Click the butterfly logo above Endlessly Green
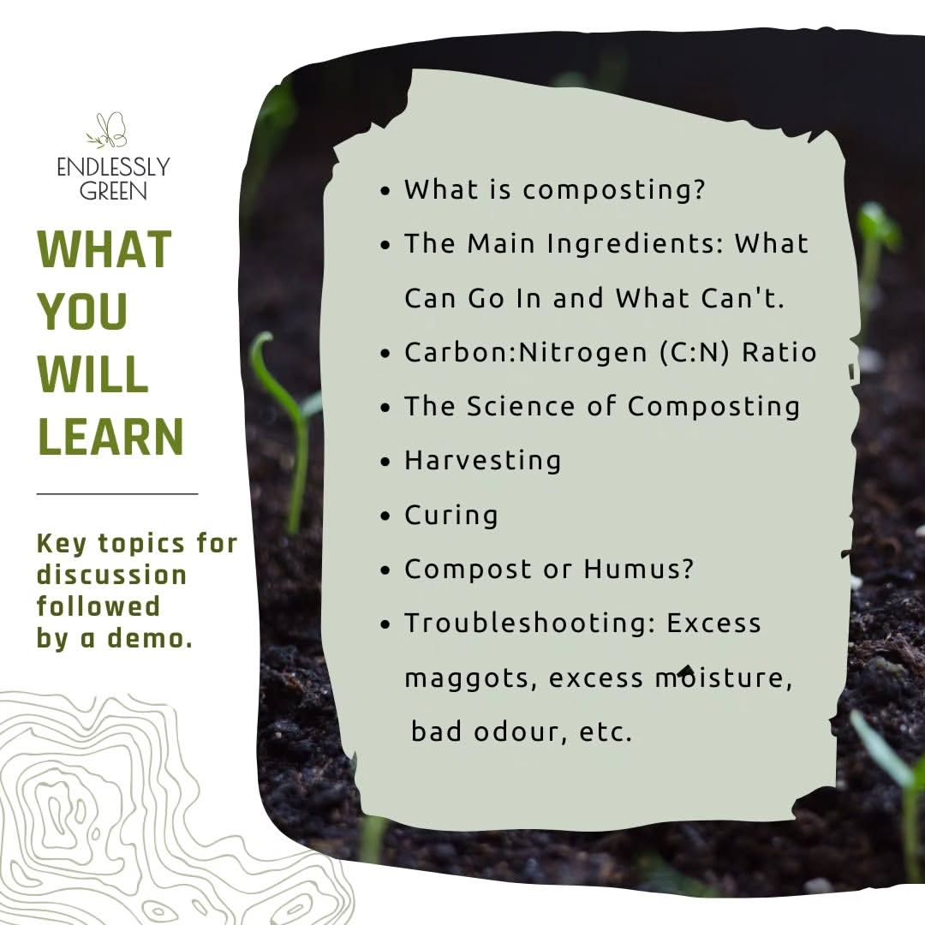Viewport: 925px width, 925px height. click(x=107, y=130)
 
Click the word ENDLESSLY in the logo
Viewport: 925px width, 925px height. click(x=113, y=168)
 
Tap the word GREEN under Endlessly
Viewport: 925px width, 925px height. click(x=113, y=191)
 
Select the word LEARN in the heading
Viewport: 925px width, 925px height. click(x=110, y=436)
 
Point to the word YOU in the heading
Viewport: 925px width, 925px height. click(x=82, y=311)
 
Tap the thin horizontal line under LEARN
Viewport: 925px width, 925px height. click(x=117, y=494)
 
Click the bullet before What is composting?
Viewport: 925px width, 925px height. click(x=385, y=191)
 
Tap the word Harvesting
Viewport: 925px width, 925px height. click(x=482, y=462)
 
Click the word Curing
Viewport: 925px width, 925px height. click(x=451, y=516)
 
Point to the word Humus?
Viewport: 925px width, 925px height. click(x=639, y=569)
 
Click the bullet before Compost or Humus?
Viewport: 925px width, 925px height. click(x=385, y=570)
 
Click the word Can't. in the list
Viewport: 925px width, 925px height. click(x=743, y=298)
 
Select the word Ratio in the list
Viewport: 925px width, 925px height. click(x=779, y=352)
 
